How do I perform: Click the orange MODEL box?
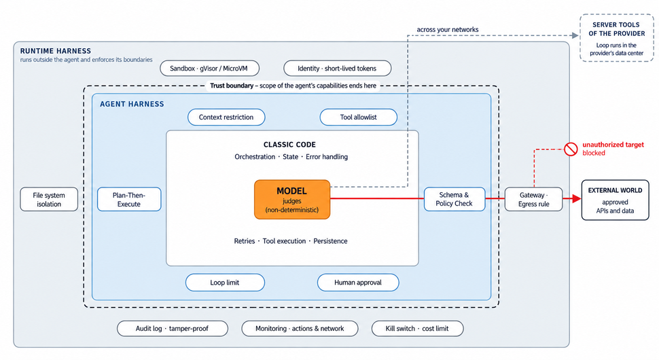(292, 200)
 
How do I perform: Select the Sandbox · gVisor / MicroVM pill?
(209, 69)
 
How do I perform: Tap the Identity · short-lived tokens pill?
(337, 69)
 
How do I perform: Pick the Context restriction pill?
(226, 118)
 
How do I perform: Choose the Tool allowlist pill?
(359, 118)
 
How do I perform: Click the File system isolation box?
(49, 199)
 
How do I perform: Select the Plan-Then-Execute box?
(129, 199)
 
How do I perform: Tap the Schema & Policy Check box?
(455, 199)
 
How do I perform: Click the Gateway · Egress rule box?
(534, 199)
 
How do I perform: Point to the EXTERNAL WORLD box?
(615, 200)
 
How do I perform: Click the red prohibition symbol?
(571, 149)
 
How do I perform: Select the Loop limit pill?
(225, 283)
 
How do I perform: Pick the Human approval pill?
(358, 283)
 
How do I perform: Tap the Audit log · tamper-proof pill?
(173, 329)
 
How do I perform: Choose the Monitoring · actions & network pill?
(300, 329)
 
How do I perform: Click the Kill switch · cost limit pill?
(417, 329)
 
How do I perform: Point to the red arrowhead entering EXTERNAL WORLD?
(577, 199)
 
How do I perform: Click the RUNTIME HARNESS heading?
(56, 51)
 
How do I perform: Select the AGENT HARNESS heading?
(132, 104)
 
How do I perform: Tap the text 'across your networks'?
(448, 30)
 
